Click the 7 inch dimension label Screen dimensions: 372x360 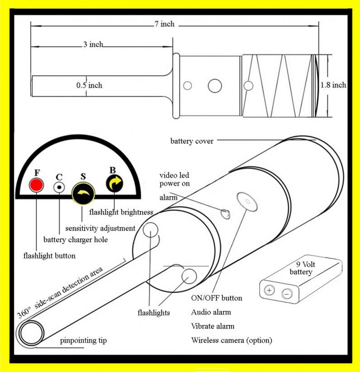point(164,24)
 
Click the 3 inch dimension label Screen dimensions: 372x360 point(93,44)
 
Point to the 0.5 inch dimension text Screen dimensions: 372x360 point(89,85)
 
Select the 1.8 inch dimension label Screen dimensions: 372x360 point(333,85)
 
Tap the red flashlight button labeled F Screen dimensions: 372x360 point(36,185)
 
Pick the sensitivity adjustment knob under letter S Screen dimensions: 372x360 point(83,194)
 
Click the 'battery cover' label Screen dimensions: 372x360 point(192,141)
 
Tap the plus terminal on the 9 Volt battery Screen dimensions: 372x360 point(270,291)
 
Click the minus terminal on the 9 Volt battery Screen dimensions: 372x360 point(287,294)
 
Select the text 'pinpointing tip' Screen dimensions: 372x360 point(83,341)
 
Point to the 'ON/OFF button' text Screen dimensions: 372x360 point(217,298)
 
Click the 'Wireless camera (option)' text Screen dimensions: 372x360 point(231,340)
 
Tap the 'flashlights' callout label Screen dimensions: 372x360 point(154,313)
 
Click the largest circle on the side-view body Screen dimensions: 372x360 point(215,85)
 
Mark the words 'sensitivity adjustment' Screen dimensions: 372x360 point(100,228)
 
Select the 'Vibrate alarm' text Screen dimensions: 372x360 point(213,326)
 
